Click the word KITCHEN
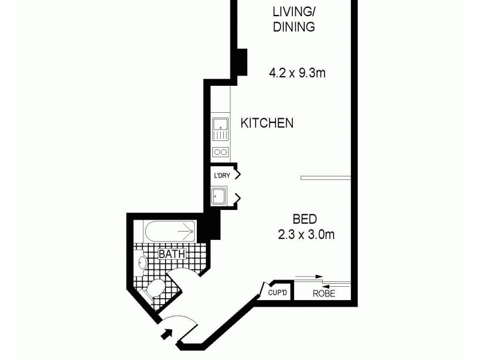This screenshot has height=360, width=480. [x=267, y=123]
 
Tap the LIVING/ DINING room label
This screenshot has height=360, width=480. [x=294, y=19]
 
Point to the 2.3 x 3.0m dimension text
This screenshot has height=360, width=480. [x=305, y=235]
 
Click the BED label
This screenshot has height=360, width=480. [x=305, y=219]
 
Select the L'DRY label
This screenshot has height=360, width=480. [x=221, y=176]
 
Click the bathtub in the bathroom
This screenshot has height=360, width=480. [x=170, y=232]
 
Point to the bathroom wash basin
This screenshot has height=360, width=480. [x=143, y=263]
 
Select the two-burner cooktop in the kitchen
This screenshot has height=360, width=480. [x=220, y=152]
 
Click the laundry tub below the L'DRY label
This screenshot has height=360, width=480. [x=219, y=196]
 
